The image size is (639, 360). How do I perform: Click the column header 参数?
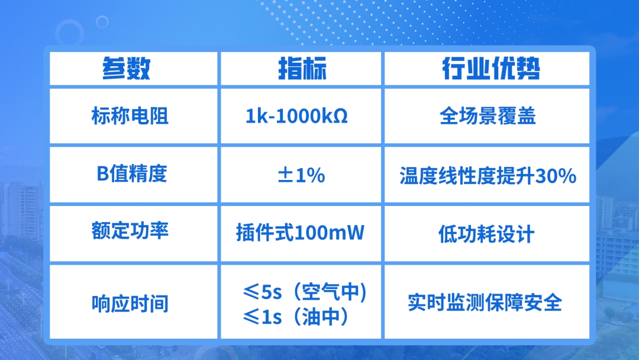click(x=127, y=68)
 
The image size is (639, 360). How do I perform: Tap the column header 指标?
click(x=302, y=68)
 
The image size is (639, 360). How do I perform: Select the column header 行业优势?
click(x=492, y=68)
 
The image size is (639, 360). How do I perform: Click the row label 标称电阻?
click(x=130, y=116)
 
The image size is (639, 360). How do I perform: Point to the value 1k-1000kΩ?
click(x=296, y=116)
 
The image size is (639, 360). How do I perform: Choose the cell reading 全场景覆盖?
click(x=488, y=116)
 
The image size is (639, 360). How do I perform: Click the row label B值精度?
click(x=131, y=173)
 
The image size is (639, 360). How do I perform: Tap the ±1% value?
click(x=301, y=175)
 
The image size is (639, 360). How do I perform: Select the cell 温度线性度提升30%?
click(x=488, y=176)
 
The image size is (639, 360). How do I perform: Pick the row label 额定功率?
click(x=130, y=231)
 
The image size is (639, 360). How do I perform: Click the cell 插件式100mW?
click(x=301, y=233)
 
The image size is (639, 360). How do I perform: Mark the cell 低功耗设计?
click(x=486, y=234)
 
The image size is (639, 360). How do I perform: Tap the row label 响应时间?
click(x=130, y=304)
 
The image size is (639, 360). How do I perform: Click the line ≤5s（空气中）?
click(x=305, y=291)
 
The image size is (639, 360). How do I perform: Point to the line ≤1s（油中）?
click(x=296, y=317)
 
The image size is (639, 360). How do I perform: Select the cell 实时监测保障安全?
click(x=485, y=303)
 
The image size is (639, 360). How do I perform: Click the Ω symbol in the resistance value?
click(x=341, y=117)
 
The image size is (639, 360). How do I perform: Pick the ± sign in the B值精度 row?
click(x=285, y=175)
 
